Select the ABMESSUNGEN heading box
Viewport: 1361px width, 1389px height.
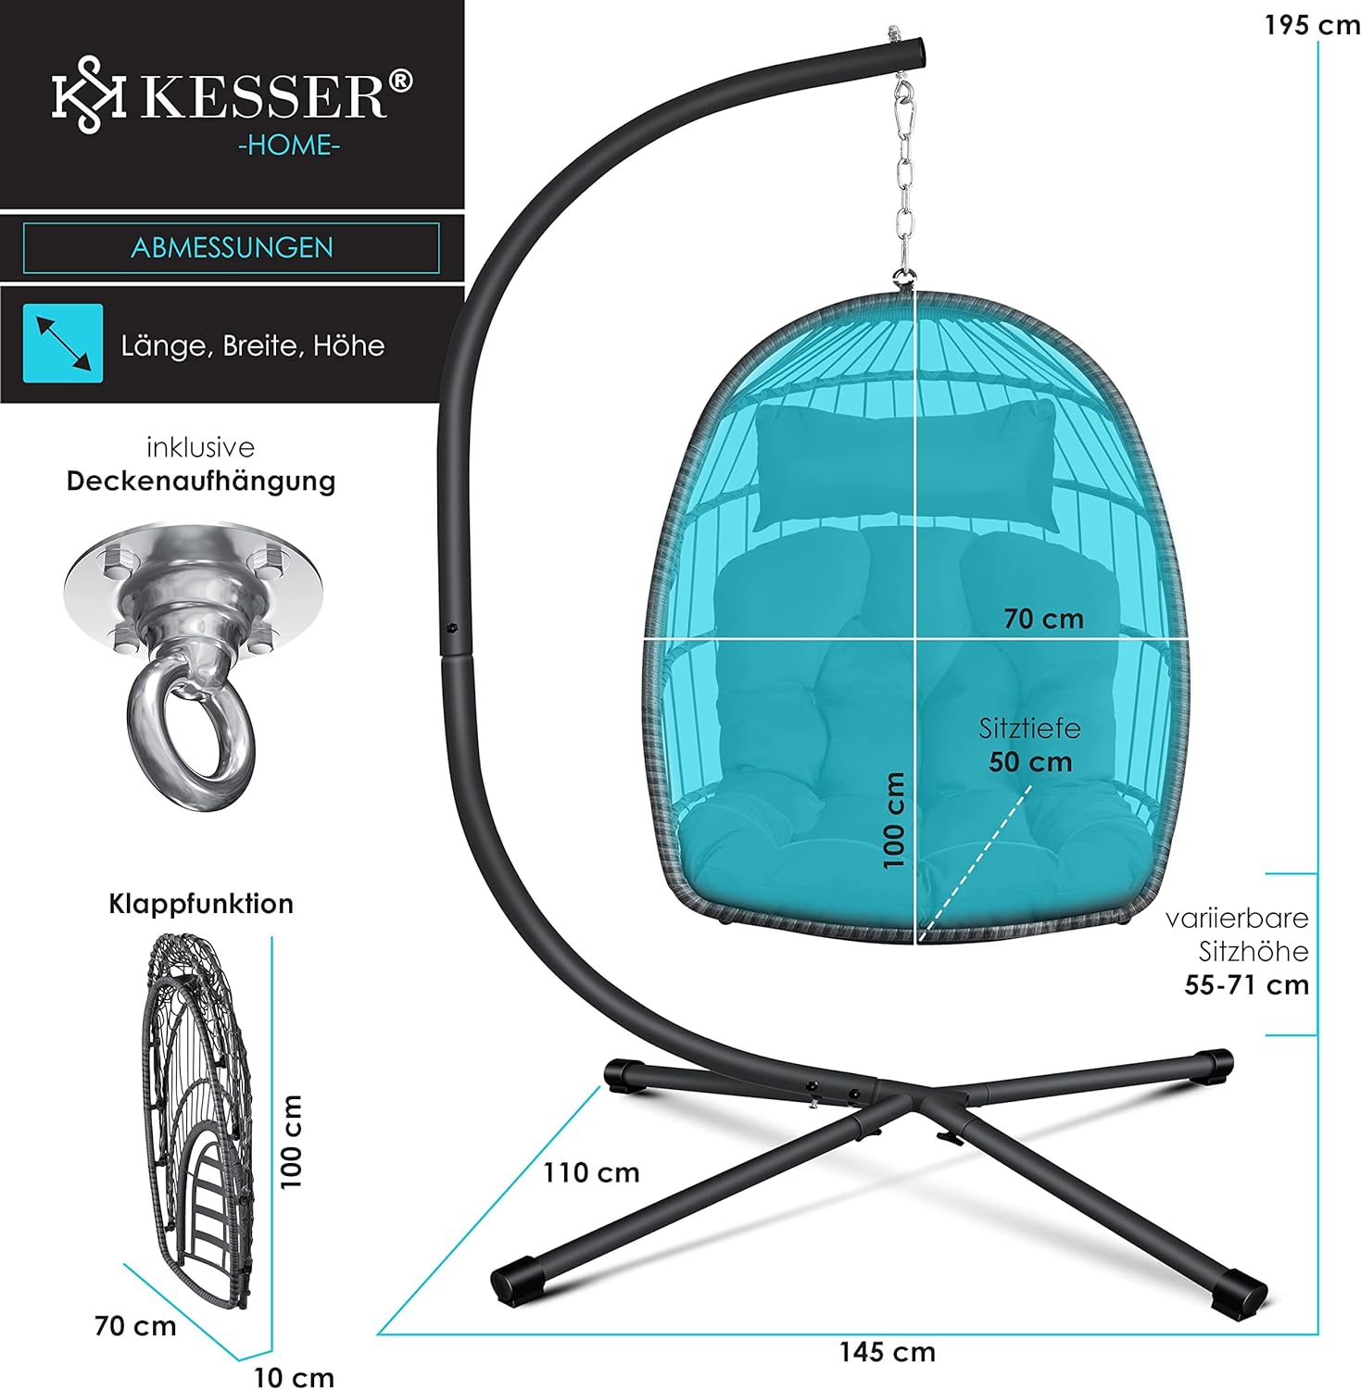[x=232, y=248]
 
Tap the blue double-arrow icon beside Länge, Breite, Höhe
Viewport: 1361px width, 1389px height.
[x=63, y=344]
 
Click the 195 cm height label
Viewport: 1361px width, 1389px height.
[x=1311, y=26]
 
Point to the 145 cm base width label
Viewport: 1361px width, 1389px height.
[x=887, y=1352]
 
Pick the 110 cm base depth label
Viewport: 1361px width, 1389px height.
[x=591, y=1172]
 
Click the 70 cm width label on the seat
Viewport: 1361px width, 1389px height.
[x=1043, y=619]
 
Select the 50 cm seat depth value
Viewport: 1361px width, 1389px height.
[x=1030, y=762]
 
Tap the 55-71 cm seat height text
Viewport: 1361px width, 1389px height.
[x=1246, y=984]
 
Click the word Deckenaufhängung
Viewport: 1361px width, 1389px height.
[x=201, y=482]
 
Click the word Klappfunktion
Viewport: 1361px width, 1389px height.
[x=201, y=904]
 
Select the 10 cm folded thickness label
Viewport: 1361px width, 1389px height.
[x=294, y=1377]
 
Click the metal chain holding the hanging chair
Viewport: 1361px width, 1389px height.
[x=904, y=185]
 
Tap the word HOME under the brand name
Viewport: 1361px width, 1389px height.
[x=289, y=145]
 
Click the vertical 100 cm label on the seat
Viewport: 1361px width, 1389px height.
[x=894, y=820]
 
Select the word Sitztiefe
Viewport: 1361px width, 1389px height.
[x=1029, y=729]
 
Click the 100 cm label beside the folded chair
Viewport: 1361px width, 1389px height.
[x=292, y=1141]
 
